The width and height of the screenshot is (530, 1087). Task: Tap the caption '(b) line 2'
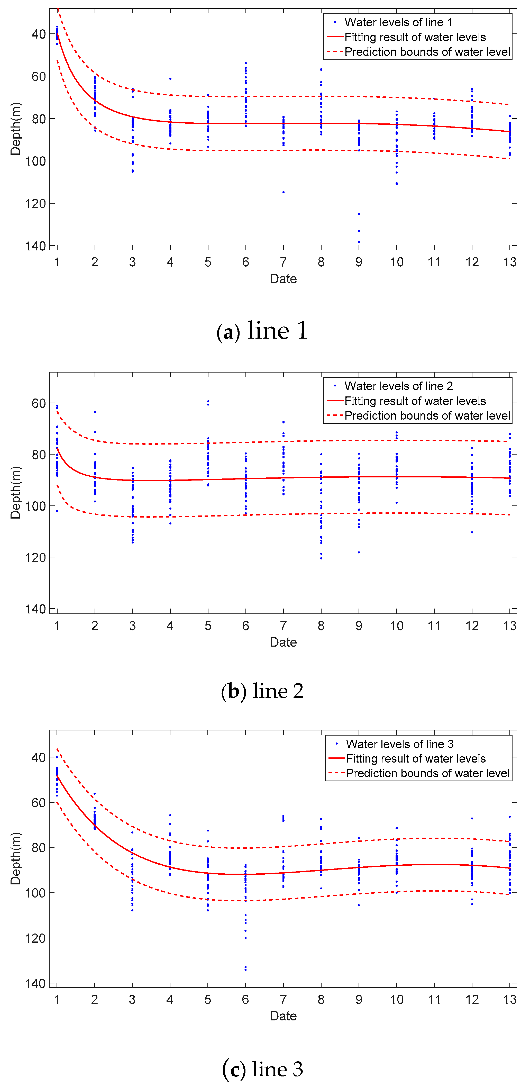click(x=262, y=691)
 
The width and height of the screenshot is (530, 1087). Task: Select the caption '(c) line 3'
click(x=262, y=1069)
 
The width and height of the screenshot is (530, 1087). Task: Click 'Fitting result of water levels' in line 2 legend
click(x=415, y=401)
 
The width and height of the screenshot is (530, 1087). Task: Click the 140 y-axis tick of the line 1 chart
click(x=35, y=246)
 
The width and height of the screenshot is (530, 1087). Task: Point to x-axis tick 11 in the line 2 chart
click(x=434, y=626)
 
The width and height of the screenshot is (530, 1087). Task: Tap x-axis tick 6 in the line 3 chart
click(x=245, y=999)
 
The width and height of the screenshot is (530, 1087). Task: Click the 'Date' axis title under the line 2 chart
click(x=283, y=642)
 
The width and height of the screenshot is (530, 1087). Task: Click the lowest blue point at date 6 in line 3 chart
click(x=245, y=970)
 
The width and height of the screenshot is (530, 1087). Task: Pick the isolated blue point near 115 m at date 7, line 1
click(x=284, y=192)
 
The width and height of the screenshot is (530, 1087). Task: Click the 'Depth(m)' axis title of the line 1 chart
click(x=15, y=129)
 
